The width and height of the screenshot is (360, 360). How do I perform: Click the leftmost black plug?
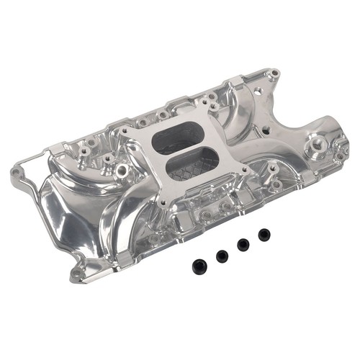199,265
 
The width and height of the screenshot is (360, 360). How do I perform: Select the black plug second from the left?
221,255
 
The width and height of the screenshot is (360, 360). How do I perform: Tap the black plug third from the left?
243,244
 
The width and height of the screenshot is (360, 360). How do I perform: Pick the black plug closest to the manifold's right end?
264,234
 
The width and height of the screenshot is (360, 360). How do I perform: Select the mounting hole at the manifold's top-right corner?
273,74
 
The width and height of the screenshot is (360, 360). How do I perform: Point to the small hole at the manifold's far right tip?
339,156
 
